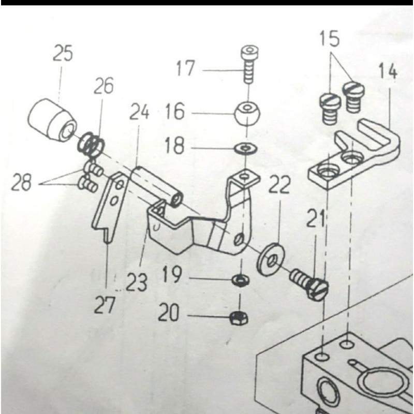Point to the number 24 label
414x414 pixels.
coord(138,112)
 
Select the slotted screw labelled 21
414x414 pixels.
coord(309,283)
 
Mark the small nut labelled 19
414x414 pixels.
coord(239,280)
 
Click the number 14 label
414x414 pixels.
coord(388,71)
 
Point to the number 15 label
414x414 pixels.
coord(329,38)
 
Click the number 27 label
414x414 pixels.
coord(106,305)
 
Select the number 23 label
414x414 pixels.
coord(136,283)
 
